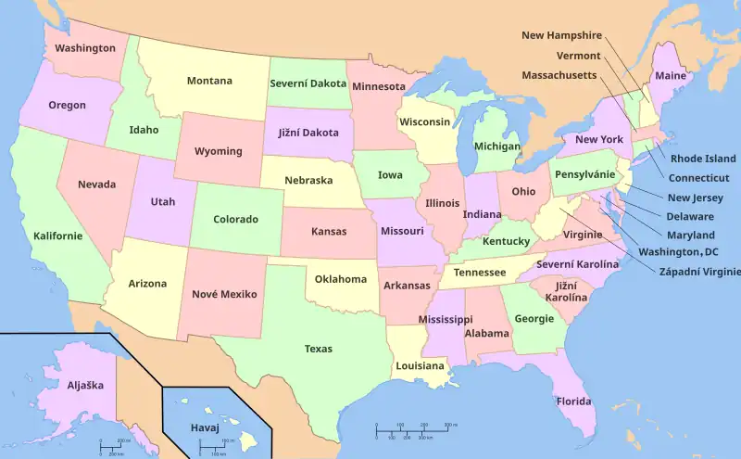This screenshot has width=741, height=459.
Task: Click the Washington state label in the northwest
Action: tap(85, 48)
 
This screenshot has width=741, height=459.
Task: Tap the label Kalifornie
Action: tap(57, 236)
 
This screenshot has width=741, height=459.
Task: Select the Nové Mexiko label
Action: tap(224, 294)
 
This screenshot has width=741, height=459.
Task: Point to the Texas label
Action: tap(318, 349)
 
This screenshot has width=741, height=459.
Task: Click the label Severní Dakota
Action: tap(308, 83)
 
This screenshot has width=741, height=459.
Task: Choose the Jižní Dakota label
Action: tap(308, 132)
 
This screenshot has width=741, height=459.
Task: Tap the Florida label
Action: tap(574, 402)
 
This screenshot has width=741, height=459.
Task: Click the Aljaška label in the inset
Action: tap(85, 384)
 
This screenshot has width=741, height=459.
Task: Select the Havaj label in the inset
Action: tap(205, 427)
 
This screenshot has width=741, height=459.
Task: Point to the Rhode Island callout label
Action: tap(703, 159)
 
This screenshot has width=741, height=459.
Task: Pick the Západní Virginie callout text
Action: tap(699, 272)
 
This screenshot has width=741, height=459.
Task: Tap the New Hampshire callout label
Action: tap(561, 35)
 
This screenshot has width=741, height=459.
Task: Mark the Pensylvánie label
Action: tap(584, 173)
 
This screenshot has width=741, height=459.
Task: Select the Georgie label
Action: tap(534, 318)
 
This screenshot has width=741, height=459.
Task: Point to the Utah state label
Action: tap(162, 201)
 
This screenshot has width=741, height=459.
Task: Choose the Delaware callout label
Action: tap(690, 216)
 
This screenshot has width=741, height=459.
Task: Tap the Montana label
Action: tap(209, 81)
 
